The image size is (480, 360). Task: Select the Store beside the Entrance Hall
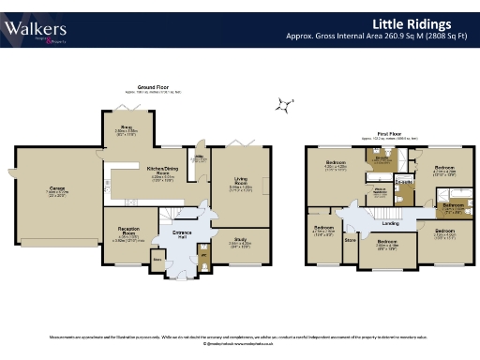click(x=157, y=258)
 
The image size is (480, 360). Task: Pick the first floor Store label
click(x=351, y=240)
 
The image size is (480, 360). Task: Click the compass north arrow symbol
click(x=281, y=105)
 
